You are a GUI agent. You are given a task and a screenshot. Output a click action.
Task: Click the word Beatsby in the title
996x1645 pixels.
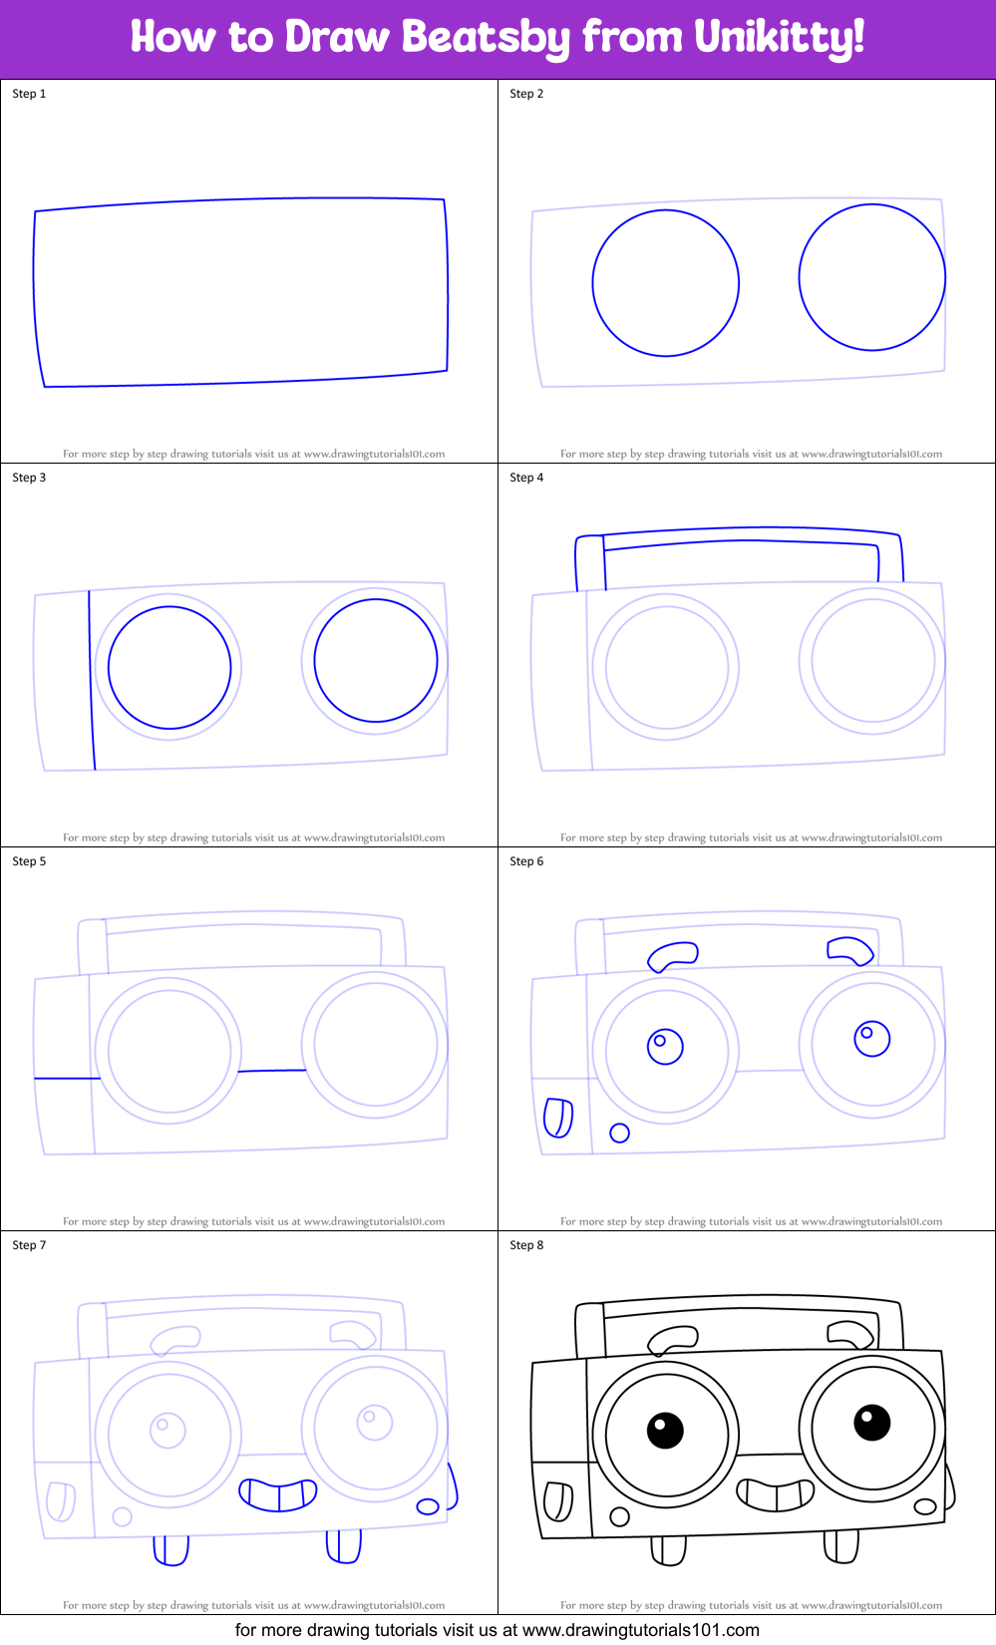485,38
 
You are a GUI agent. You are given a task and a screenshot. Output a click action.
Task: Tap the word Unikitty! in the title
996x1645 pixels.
779,38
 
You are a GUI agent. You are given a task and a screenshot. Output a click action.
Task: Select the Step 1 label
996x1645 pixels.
29,94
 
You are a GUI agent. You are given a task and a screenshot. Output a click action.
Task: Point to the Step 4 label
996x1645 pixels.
526,478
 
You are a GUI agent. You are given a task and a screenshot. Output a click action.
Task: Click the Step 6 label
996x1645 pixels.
526,861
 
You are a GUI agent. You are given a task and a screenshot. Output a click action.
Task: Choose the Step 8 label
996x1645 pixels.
526,1245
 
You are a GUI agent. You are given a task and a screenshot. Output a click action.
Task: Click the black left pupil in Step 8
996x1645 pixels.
665,1431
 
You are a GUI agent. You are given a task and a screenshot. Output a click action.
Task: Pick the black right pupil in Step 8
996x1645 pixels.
871,1423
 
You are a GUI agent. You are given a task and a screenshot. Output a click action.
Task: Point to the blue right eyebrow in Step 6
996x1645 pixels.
850,949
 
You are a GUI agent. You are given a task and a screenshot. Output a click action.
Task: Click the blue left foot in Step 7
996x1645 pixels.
171,1550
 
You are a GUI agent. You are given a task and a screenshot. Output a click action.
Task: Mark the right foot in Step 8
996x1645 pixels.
841,1546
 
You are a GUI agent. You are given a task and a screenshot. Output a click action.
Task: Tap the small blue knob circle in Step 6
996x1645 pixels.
619,1133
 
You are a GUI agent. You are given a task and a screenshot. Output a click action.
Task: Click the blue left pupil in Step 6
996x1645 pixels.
665,1046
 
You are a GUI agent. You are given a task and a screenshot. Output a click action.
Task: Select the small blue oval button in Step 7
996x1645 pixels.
428,1506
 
